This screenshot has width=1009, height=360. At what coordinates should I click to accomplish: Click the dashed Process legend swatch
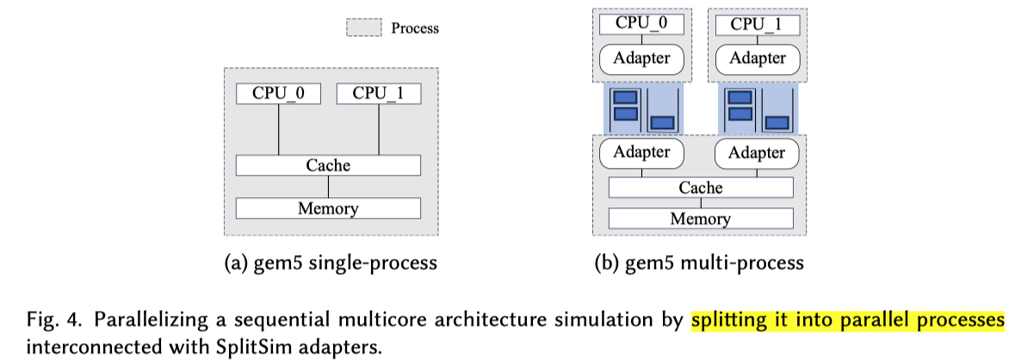[x=363, y=28]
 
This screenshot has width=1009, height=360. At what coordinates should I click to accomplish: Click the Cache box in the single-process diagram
[x=328, y=164]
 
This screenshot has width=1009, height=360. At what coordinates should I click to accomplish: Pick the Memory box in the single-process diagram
[x=328, y=208]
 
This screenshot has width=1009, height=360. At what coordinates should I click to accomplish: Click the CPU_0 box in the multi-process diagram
[x=641, y=23]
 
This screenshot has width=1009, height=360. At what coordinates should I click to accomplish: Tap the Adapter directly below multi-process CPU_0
[x=641, y=59]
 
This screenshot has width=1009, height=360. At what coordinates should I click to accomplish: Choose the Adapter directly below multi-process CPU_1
[x=758, y=59]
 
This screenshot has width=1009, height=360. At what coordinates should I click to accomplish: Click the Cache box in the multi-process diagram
[x=700, y=187]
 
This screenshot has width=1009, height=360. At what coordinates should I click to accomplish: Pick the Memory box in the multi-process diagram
[x=700, y=218]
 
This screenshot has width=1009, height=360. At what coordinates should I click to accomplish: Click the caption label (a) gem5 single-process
[x=328, y=263]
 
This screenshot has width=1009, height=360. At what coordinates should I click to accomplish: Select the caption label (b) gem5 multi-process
[x=699, y=263]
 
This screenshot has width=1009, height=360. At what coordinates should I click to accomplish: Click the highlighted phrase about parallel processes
[x=848, y=320]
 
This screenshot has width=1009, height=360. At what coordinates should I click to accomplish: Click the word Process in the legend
[x=415, y=28]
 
